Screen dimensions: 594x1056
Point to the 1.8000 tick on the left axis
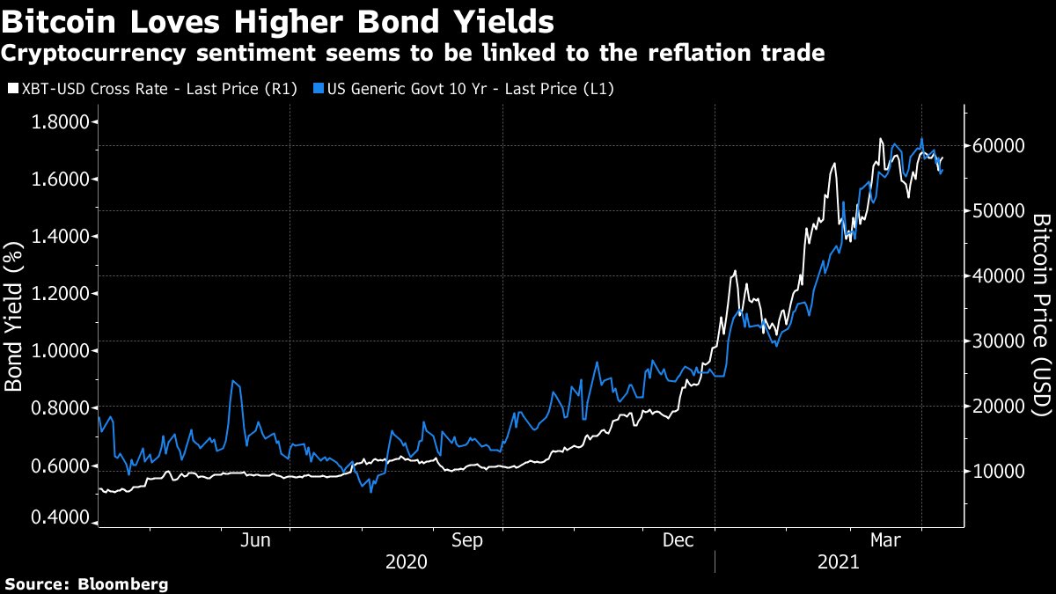[62, 122]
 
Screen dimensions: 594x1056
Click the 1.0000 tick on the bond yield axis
[62, 351]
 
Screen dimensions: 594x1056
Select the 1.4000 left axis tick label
[62, 237]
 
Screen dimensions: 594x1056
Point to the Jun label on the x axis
[255, 540]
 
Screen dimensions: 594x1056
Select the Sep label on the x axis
[467, 540]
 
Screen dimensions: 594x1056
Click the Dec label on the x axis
[678, 540]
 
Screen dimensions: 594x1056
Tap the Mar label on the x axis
[886, 540]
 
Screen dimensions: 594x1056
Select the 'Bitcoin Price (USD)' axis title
[1041, 314]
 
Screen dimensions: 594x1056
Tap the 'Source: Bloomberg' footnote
[86, 583]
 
